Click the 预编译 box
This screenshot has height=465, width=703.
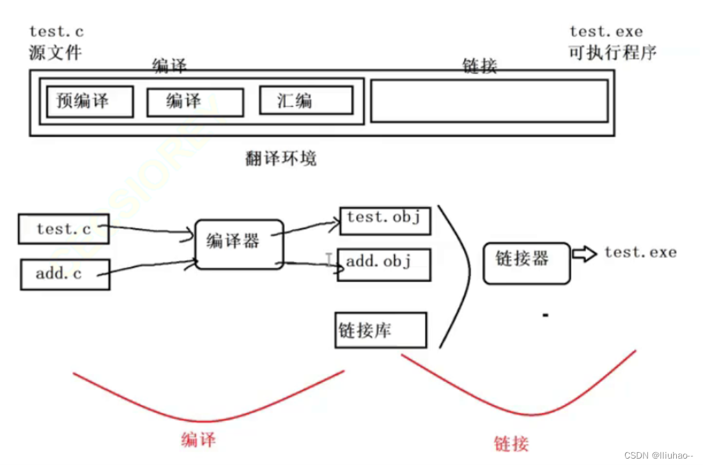point(89,102)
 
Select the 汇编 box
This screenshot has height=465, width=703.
point(305,101)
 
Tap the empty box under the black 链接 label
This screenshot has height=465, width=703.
point(489,100)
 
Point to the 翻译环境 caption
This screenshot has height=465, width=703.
point(281,158)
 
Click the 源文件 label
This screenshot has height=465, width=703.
point(56,52)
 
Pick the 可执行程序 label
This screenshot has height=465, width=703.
point(612,52)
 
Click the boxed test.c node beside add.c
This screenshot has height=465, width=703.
point(63,229)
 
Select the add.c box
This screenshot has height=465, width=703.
point(65,274)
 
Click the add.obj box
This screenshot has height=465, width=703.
point(384,264)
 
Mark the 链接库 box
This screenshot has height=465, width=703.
point(380,330)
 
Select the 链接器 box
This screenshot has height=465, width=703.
point(526,263)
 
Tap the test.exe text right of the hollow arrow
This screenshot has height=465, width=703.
point(640,252)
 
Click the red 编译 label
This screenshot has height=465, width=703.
point(198,440)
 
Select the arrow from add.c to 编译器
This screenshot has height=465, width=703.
point(150,268)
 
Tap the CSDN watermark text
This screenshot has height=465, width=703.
point(658,455)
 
